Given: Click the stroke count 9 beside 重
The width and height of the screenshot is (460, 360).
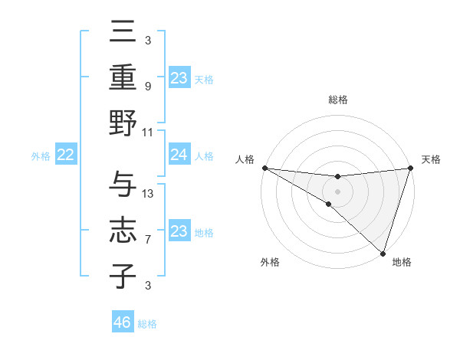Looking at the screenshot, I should click(x=148, y=87).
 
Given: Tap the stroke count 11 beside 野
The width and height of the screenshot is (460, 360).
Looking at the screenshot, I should click(x=148, y=132).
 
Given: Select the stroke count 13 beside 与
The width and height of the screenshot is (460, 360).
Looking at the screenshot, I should click(x=148, y=193).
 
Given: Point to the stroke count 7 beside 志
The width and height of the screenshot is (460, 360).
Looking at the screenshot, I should click(x=148, y=240).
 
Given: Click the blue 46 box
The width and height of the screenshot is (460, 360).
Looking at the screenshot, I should click(x=123, y=322).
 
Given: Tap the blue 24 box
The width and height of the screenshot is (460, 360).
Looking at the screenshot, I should click(x=179, y=155).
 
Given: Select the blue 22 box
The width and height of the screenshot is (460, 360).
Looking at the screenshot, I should click(x=66, y=155).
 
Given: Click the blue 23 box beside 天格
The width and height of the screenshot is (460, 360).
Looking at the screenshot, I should click(x=179, y=78).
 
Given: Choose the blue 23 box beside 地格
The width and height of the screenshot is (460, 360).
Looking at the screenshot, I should click(x=179, y=231).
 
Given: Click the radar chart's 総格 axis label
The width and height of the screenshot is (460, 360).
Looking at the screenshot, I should click(x=337, y=100).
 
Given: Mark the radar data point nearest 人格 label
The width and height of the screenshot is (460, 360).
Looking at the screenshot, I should click(x=264, y=168).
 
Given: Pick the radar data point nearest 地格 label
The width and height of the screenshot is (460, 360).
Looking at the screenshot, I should click(x=383, y=254).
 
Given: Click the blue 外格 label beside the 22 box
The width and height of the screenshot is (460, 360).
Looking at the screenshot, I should click(x=41, y=156).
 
